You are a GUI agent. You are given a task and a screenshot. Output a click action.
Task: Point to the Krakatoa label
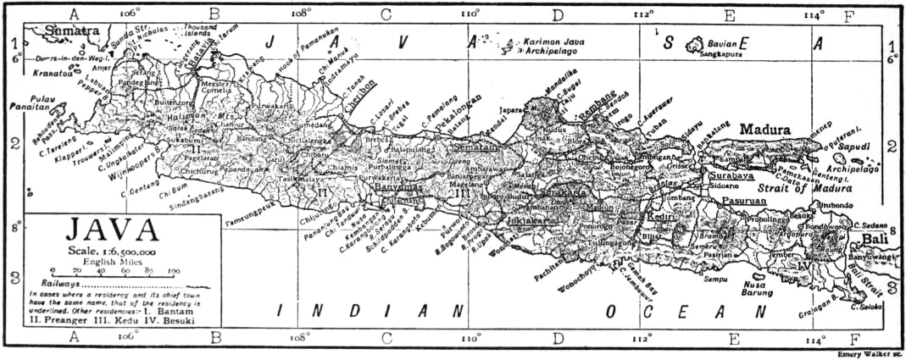[53, 73]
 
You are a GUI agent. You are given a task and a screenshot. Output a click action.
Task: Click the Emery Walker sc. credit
[868, 354]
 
